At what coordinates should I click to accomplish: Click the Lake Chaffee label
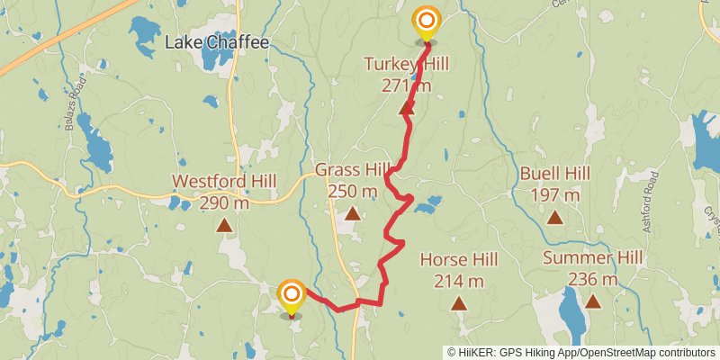[x=217, y=41]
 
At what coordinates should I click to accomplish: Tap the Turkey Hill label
[x=406, y=63]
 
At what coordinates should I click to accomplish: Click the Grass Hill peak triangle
[x=353, y=214]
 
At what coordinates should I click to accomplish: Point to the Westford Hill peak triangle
[x=224, y=226]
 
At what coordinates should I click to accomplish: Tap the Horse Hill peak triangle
[x=459, y=304]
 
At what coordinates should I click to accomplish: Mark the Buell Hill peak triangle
[x=555, y=217]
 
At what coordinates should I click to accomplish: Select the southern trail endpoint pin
[x=291, y=297]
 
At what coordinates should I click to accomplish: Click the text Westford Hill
[x=224, y=181]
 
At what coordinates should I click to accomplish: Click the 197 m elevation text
[x=555, y=194]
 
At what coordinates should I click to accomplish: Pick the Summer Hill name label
[x=593, y=259]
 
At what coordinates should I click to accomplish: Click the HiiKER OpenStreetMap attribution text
[x=582, y=353]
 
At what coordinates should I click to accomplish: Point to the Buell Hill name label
[x=555, y=173]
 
